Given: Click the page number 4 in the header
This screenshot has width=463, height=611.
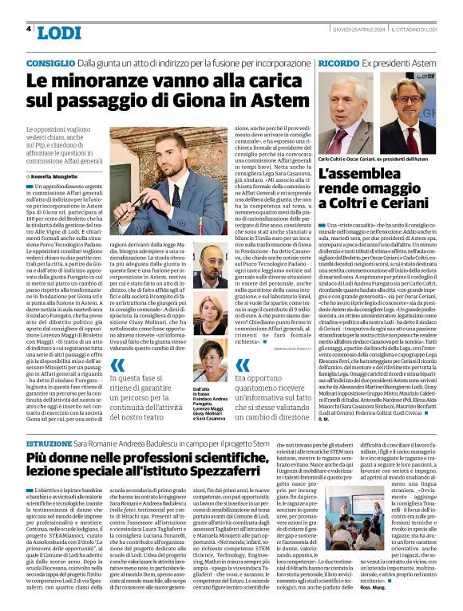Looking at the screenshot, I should [x=29, y=30].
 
